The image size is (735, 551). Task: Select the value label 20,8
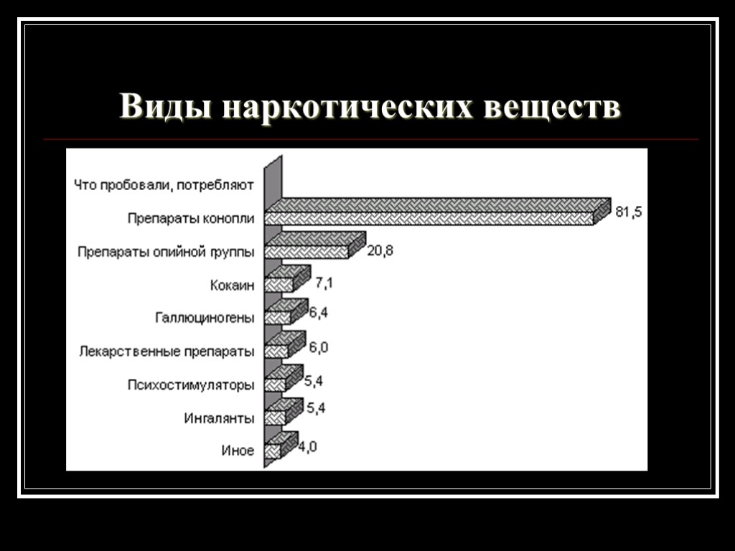point(380,250)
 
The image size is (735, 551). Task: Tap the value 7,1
point(324,283)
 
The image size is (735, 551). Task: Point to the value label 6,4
point(319,313)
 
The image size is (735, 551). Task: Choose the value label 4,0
point(308,446)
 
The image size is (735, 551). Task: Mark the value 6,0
point(319,347)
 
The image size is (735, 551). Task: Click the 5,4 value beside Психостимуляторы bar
point(314,380)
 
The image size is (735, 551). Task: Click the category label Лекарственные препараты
point(167,352)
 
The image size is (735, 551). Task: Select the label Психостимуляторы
point(190,385)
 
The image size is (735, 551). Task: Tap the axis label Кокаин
point(232,286)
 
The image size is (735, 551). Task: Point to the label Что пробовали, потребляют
point(164,185)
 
